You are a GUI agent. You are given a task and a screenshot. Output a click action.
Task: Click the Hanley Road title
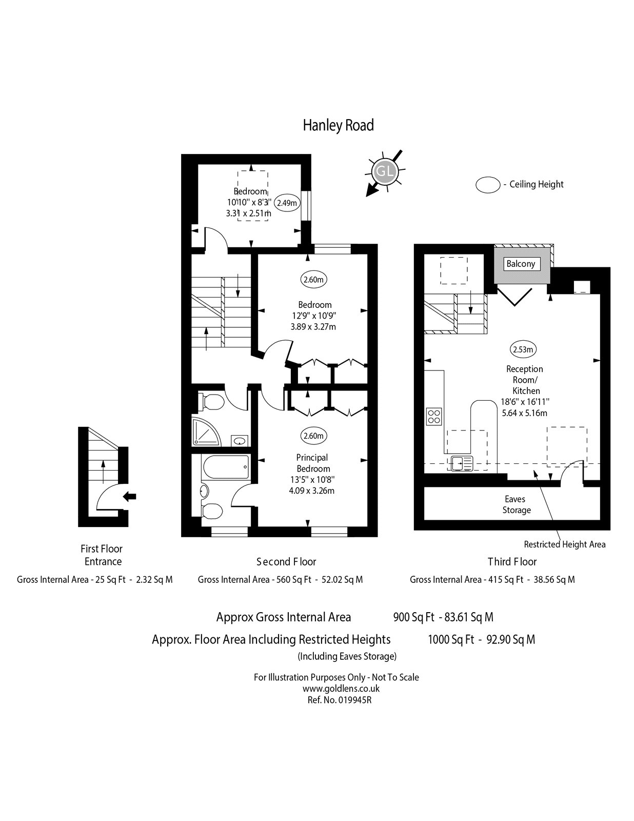tap(338, 125)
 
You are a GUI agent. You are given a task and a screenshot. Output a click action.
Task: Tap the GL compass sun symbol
tap(385, 171)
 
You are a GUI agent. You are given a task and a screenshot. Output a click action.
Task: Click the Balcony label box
tap(521, 264)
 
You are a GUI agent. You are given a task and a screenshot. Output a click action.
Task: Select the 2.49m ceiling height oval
tap(287, 203)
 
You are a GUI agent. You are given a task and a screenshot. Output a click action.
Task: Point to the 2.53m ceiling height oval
tap(523, 350)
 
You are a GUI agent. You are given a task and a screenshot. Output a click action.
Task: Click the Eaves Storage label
tap(517, 504)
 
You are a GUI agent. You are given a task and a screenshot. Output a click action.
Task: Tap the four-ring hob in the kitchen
tap(434, 416)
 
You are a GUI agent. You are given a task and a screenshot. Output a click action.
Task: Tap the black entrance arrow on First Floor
tap(129, 496)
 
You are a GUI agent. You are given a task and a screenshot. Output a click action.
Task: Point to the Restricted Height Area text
tap(564, 544)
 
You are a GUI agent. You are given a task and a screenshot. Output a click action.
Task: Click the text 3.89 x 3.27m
tap(312, 326)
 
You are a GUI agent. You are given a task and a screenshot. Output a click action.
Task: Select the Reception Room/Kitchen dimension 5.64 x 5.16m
tap(524, 413)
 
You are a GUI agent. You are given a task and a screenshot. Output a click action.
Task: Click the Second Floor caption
tap(286, 561)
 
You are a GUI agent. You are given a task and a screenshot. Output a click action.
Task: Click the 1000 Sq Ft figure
tap(451, 639)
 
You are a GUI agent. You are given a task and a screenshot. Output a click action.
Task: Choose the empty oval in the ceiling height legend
tap(488, 185)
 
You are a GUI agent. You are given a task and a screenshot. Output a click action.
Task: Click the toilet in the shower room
tap(210, 402)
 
